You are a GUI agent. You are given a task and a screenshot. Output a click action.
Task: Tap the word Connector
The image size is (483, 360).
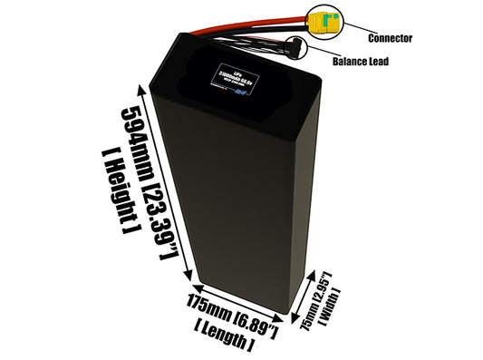click(391, 39)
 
